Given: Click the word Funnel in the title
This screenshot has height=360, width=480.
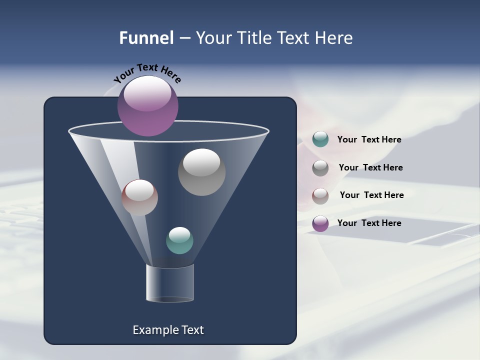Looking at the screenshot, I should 146,38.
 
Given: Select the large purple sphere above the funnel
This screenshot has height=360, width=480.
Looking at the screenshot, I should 147,106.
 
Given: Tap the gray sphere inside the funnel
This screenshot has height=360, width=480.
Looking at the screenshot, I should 201,172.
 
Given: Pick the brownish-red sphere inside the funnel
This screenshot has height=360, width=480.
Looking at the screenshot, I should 139,197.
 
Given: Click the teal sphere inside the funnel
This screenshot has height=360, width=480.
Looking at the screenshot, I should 179,240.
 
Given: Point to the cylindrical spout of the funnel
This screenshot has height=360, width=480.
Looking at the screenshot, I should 169,283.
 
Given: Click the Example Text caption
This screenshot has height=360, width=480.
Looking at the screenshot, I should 168,330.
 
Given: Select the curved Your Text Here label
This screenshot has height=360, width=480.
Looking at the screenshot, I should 147,72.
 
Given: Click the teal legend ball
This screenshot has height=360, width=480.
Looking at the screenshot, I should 320,139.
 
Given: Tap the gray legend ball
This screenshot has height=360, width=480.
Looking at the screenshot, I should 320,168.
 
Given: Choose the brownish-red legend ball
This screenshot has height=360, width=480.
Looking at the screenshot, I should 320,196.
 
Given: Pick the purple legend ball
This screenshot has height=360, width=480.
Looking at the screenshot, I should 320,223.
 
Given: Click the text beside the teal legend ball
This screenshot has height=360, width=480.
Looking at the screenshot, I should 369,140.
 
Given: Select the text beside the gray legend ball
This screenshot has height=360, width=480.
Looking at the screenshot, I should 370,168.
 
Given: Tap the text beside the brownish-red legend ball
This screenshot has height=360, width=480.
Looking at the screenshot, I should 371,195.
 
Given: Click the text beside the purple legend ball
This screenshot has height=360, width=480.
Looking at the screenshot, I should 369,223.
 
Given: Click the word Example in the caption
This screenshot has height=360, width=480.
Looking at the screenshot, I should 150,330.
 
